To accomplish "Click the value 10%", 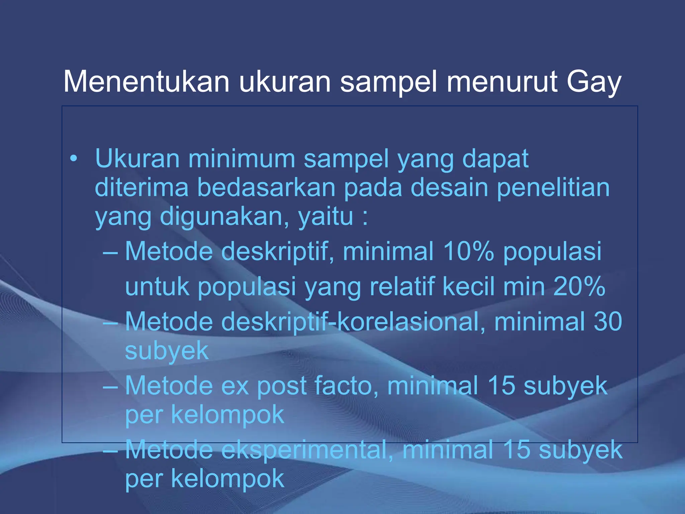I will click(x=468, y=251).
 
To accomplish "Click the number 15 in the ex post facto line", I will click(x=501, y=385).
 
